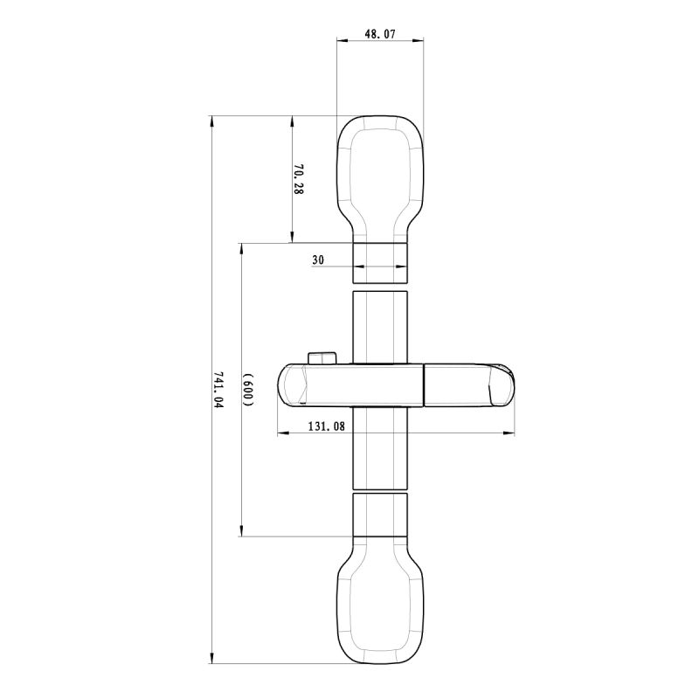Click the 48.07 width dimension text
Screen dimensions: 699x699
pos(380,35)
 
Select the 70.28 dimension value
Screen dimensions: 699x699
pos(298,179)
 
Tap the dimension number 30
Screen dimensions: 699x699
pos(317,260)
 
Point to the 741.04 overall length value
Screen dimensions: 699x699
pos(218,391)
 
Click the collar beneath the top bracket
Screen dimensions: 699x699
pos(380,261)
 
